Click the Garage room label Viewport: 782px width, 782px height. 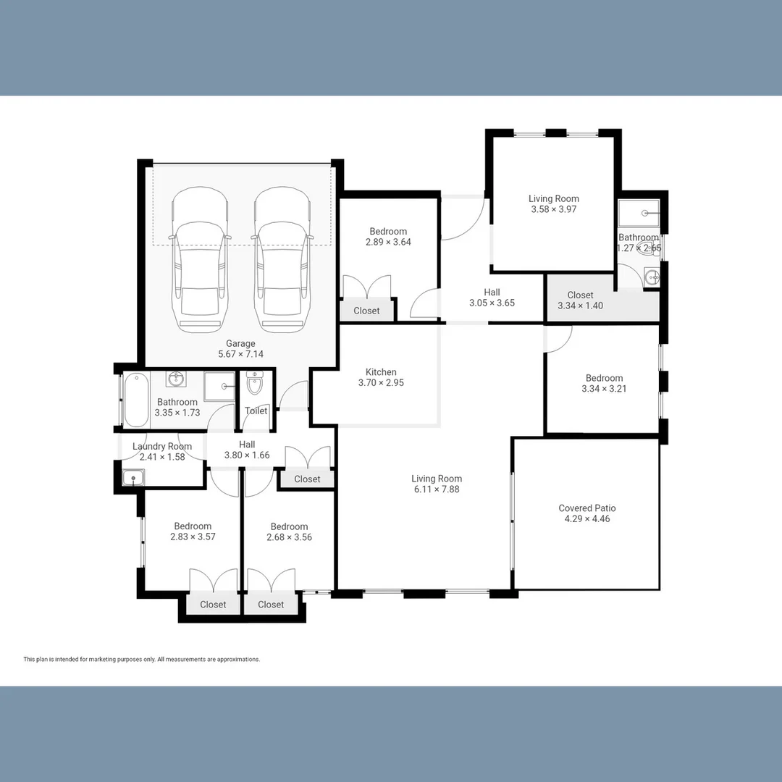click(240, 344)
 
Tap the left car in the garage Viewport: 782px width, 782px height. click(200, 260)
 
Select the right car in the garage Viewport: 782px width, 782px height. click(282, 260)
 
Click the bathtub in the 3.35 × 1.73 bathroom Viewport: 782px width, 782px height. click(136, 400)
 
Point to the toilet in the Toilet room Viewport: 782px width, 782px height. click(255, 382)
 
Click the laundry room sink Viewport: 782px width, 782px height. click(133, 478)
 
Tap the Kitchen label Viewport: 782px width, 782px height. click(381, 372)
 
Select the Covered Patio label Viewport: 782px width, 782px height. click(587, 508)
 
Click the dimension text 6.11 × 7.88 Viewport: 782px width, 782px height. click(437, 489)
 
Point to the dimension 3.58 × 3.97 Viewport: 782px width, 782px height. click(554, 209)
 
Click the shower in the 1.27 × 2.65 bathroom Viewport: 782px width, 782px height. click(639, 213)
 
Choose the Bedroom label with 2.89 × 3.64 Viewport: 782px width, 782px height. click(388, 232)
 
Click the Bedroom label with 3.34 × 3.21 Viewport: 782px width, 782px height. click(604, 378)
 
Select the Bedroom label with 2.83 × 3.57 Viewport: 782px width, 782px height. click(193, 526)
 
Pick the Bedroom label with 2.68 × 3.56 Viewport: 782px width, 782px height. click(289, 526)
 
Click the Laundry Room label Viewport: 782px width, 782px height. click(162, 446)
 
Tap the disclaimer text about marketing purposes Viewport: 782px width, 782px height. click(142, 660)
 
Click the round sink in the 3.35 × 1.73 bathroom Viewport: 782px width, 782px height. click(175, 379)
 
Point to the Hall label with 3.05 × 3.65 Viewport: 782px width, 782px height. click(492, 293)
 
